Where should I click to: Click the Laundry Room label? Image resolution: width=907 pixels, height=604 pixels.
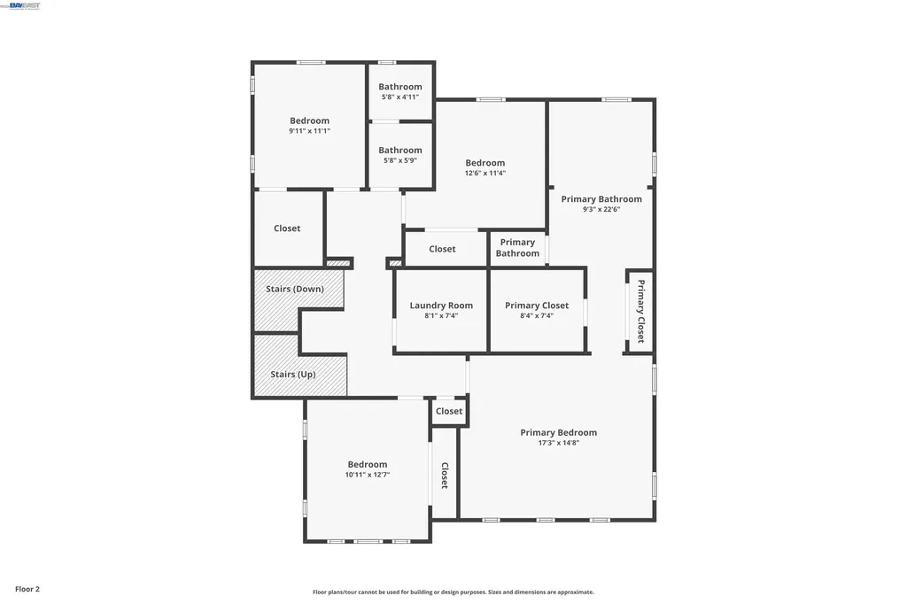coord(441,306)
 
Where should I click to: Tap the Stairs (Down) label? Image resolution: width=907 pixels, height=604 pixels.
coord(295,289)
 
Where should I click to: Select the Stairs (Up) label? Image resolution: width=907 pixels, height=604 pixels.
coord(293,375)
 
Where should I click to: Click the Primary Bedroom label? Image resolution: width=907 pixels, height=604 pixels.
coord(558,433)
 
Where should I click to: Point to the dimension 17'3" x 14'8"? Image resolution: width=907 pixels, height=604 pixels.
coord(558,443)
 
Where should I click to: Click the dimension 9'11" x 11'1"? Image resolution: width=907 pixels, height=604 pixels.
coord(309,131)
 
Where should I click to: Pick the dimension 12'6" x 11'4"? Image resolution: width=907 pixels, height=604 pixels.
coord(485,174)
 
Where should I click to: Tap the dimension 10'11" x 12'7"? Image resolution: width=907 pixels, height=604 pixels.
coord(368,475)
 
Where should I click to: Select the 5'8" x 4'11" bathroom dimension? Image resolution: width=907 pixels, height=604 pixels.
coord(400,97)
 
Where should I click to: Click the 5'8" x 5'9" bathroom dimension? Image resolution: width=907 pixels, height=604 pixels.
coord(400,160)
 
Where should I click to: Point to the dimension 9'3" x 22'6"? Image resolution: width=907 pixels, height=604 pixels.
coord(601,210)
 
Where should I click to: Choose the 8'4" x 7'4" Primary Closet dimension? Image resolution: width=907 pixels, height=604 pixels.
coord(537,315)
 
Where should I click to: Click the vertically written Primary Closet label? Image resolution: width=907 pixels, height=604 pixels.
coord(640,311)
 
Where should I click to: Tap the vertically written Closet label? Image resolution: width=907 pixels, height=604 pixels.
coord(445,476)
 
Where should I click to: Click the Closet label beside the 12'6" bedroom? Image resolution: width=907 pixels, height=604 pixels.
coord(442,249)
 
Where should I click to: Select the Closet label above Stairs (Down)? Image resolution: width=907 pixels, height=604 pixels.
coord(287,228)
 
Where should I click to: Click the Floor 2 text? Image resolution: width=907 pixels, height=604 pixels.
coord(27,589)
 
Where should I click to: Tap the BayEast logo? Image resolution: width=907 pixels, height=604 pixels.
coord(25,5)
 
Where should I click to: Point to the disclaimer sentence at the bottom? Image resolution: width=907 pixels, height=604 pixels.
coord(453,592)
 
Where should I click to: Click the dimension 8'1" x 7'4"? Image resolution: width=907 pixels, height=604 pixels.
coord(441,315)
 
